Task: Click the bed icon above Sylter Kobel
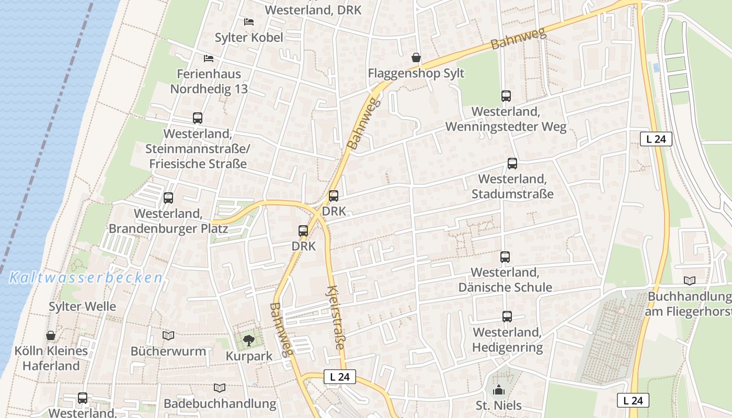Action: click(x=249, y=21)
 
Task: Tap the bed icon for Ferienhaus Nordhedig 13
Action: click(x=209, y=58)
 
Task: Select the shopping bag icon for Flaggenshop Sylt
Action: click(x=416, y=57)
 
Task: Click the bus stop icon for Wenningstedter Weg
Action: click(x=506, y=96)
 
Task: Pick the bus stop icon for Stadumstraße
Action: click(x=512, y=164)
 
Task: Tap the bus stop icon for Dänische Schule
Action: click(x=505, y=257)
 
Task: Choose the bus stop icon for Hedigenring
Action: click(x=507, y=317)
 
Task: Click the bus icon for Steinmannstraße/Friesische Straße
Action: click(x=197, y=118)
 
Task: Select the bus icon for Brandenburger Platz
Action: click(x=168, y=198)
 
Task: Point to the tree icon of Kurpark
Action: click(x=249, y=341)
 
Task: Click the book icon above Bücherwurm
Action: click(x=168, y=335)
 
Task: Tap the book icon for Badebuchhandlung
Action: click(x=220, y=388)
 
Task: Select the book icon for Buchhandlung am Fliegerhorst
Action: click(x=690, y=281)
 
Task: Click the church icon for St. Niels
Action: click(x=499, y=390)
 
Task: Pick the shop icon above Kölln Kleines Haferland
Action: click(x=51, y=335)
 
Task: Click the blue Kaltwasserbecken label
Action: click(x=86, y=277)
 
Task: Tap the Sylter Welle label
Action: click(x=82, y=306)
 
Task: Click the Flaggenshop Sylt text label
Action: click(x=416, y=73)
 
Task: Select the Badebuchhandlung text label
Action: click(x=220, y=403)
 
